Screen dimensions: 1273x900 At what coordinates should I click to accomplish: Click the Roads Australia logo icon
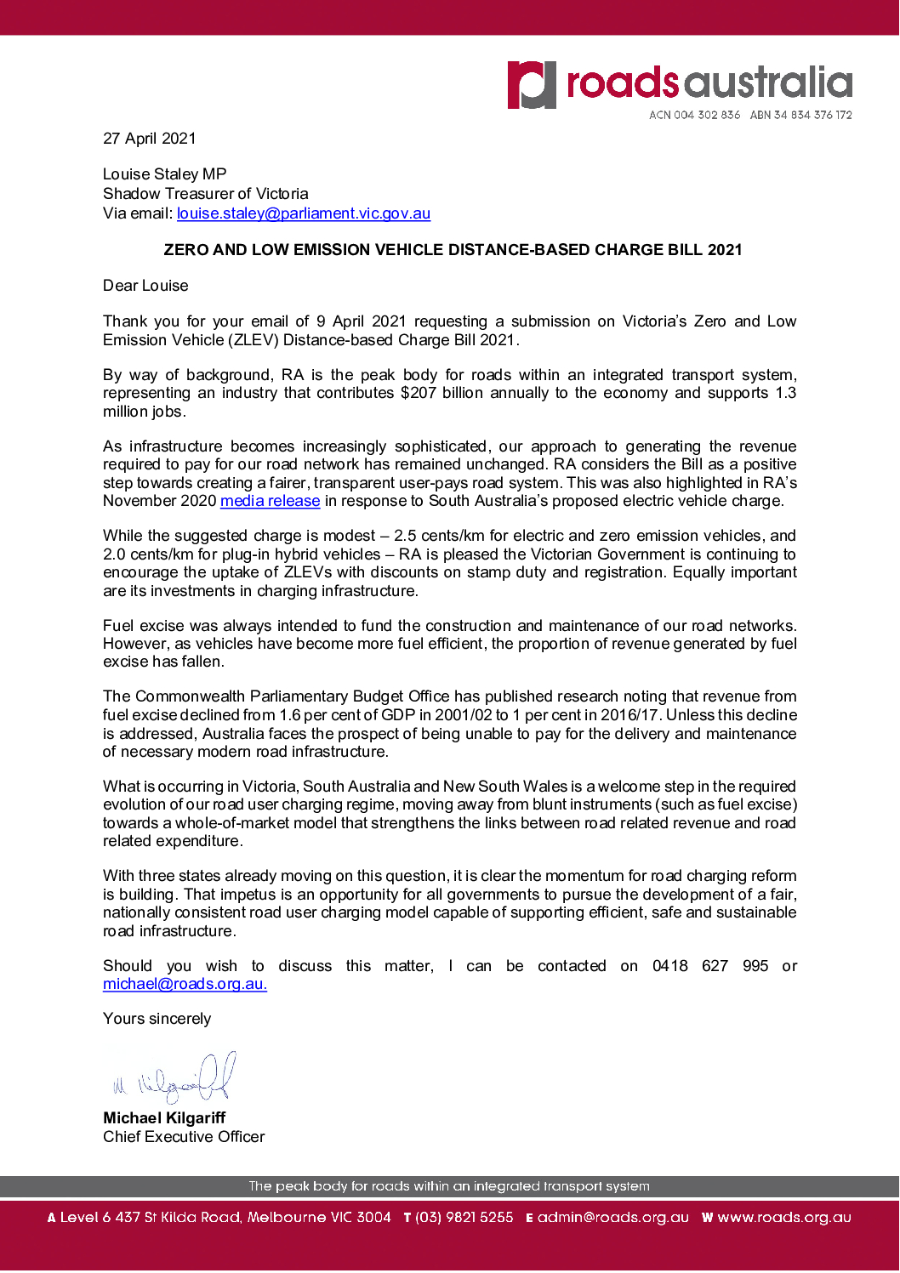532,84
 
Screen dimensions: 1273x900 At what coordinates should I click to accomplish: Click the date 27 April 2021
150,139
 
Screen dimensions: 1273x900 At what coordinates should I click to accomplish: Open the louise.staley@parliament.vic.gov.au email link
304,213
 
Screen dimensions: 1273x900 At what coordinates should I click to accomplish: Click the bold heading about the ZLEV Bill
453,250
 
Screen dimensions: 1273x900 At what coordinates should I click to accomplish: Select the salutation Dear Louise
145,286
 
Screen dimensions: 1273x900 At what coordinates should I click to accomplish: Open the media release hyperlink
270,501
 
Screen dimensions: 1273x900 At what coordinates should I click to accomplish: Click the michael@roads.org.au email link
185,984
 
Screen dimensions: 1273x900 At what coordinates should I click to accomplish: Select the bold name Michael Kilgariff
164,1118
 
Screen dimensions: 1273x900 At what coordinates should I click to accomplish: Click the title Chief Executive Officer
184,1137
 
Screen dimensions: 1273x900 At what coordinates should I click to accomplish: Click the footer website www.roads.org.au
783,1218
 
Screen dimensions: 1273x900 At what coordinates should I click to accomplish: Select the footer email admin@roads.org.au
612,1218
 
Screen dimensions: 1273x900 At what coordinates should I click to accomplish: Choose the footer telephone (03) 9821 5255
464,1218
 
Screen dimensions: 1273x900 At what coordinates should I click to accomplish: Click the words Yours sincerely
157,1019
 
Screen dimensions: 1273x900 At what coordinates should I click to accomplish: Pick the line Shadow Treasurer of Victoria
206,194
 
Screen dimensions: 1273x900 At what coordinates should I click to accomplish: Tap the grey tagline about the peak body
449,1186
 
